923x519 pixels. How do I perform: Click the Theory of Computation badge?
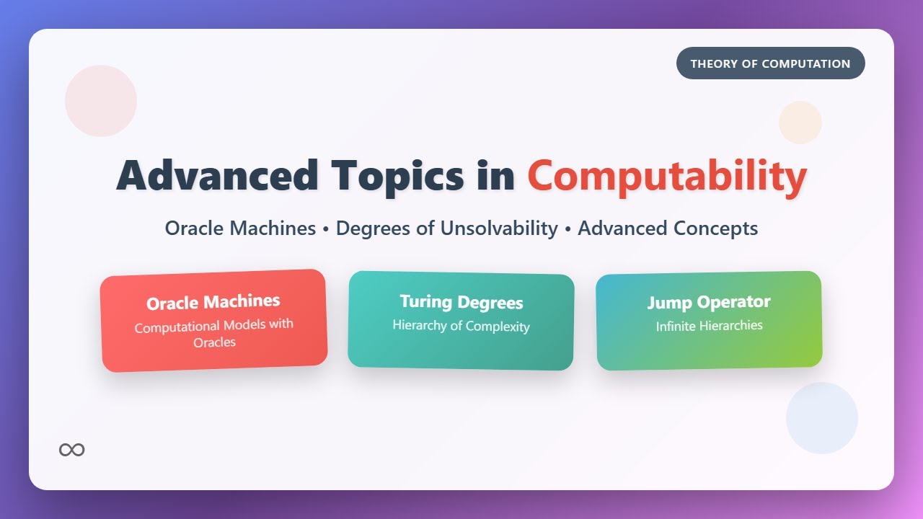pyautogui.click(x=770, y=63)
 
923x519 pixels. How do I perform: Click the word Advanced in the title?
pyautogui.click(x=217, y=175)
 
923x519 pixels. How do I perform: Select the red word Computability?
pyautogui.click(x=667, y=175)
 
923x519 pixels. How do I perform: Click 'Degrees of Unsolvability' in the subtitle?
pyautogui.click(x=447, y=229)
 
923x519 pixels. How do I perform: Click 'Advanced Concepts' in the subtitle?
pyautogui.click(x=668, y=229)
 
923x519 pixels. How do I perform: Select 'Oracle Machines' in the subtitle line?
pyautogui.click(x=240, y=229)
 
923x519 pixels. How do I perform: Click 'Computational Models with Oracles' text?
pyautogui.click(x=214, y=326)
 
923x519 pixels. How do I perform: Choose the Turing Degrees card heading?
pyautogui.click(x=461, y=302)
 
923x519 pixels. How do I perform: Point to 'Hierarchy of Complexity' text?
pyautogui.click(x=461, y=326)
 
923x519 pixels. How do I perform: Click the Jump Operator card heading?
pyautogui.click(x=709, y=302)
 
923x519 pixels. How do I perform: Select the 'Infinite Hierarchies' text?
pyautogui.click(x=709, y=326)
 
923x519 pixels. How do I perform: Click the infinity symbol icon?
pyautogui.click(x=72, y=450)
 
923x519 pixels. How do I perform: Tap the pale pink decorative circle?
pyautogui.click(x=101, y=101)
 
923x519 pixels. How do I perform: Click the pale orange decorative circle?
pyautogui.click(x=800, y=123)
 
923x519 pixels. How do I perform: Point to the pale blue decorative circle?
pyautogui.click(x=822, y=418)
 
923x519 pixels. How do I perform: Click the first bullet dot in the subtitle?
pyautogui.click(x=326, y=229)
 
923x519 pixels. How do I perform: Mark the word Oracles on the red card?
pyautogui.click(x=215, y=342)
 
